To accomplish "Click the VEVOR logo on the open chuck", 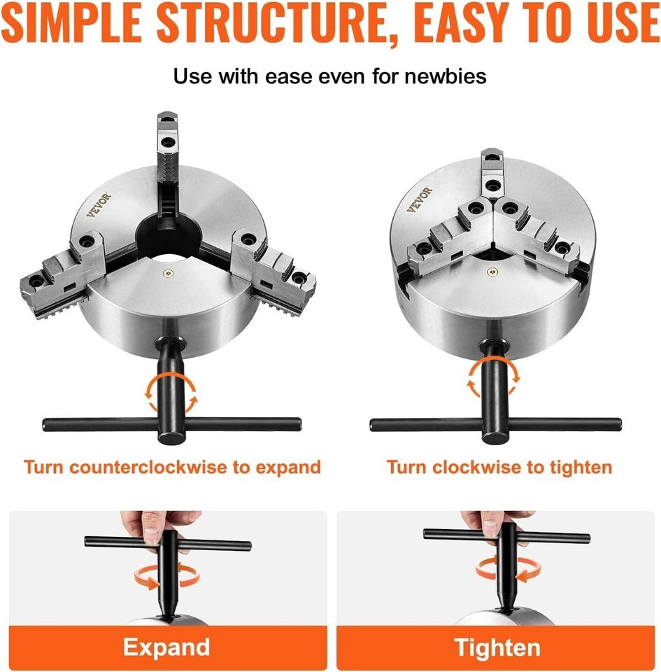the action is pos(99,205).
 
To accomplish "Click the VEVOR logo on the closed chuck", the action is pos(420,199).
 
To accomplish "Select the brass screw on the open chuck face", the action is pos(170,273).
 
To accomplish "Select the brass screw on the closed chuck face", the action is pos(492,271).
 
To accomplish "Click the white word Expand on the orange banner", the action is pos(166,647).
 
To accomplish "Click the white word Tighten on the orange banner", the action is pos(497,647).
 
